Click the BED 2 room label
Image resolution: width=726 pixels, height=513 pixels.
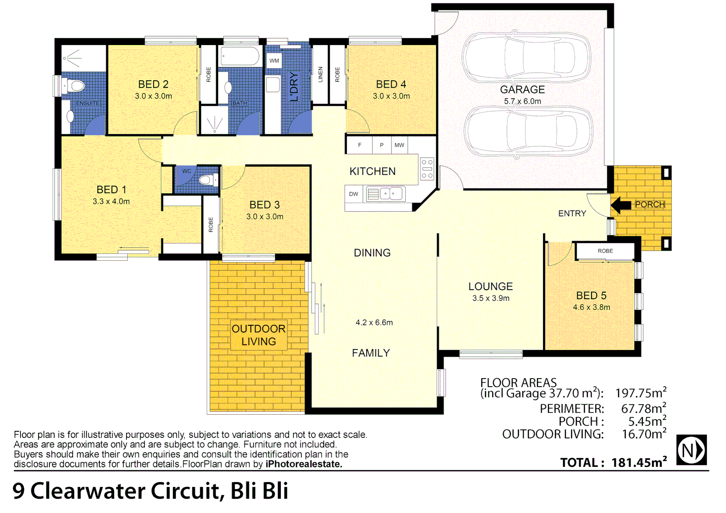click(x=153, y=85)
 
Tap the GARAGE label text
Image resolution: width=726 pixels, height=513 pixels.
click(x=522, y=90)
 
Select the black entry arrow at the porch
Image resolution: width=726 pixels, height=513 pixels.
click(x=621, y=205)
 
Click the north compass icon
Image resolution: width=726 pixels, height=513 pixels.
click(x=691, y=449)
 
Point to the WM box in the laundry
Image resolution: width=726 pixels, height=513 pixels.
click(x=274, y=61)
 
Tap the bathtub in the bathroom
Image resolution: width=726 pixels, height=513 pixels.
click(x=240, y=57)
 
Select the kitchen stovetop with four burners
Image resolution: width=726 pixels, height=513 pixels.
click(x=427, y=169)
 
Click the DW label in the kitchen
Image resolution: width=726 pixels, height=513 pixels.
click(x=353, y=194)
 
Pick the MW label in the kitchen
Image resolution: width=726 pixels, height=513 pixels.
click(x=399, y=145)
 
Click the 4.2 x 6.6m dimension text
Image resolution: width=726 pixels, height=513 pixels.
click(x=374, y=323)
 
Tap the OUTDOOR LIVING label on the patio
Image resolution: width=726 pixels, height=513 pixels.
click(x=258, y=335)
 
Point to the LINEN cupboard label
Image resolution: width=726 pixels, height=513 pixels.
click(x=320, y=75)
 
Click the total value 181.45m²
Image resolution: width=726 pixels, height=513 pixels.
click(x=639, y=463)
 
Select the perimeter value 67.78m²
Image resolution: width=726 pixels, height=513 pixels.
click(x=643, y=408)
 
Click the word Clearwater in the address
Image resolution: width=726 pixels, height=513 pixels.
click(x=125, y=491)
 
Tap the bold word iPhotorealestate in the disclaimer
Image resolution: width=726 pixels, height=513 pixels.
click(x=304, y=464)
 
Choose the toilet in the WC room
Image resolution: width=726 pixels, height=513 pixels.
click(x=207, y=180)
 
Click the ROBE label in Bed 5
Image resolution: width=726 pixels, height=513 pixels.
click(x=605, y=251)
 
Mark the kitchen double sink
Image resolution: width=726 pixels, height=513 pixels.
click(x=391, y=194)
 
